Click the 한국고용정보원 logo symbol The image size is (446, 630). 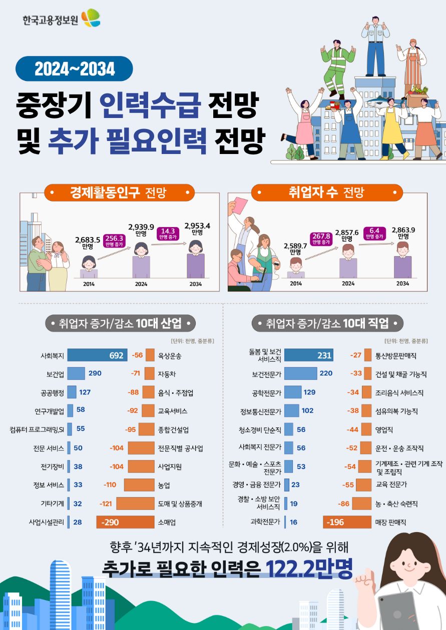point(91,18)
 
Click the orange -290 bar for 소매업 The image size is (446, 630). point(126,522)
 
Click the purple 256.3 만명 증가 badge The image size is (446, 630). point(114,241)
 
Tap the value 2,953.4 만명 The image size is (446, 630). point(197,228)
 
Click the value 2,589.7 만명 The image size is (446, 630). point(295,248)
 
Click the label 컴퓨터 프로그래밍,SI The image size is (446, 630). point(37,429)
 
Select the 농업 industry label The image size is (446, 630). point(164,485)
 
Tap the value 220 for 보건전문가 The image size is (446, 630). point(326,373)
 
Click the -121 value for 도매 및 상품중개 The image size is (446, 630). point(106,503)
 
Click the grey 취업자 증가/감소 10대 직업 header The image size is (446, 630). point(327,323)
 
